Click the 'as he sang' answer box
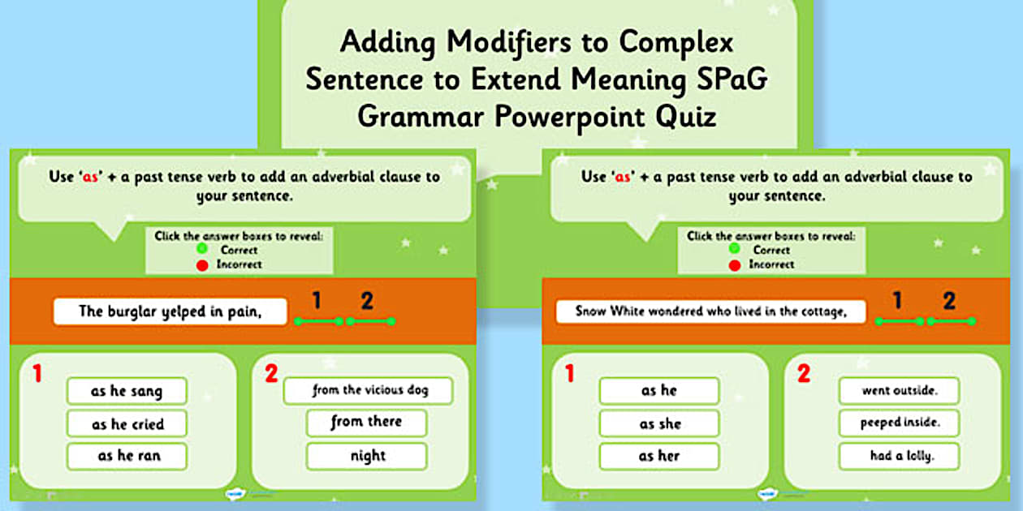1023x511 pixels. pos(127,391)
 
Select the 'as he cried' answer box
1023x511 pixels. pos(127,423)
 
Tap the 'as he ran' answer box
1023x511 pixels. pos(127,456)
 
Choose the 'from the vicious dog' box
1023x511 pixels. pos(368,390)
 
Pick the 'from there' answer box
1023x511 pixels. pos(366,423)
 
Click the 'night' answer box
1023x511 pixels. pos(366,456)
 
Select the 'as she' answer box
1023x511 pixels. pos(659,423)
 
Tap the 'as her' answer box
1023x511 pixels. pos(659,456)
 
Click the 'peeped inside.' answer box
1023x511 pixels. pos(899,423)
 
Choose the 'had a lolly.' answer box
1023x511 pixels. pos(899,456)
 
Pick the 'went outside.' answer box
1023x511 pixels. pos(899,391)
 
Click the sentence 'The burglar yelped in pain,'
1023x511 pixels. pos(170,311)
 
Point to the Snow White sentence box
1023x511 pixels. pos(710,311)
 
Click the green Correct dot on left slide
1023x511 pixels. pos(201,250)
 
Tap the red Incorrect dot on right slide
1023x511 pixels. pos(735,264)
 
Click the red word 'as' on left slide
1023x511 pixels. pos(89,177)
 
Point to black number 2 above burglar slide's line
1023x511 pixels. pos(367,301)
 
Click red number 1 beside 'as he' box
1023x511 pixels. pos(569,373)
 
